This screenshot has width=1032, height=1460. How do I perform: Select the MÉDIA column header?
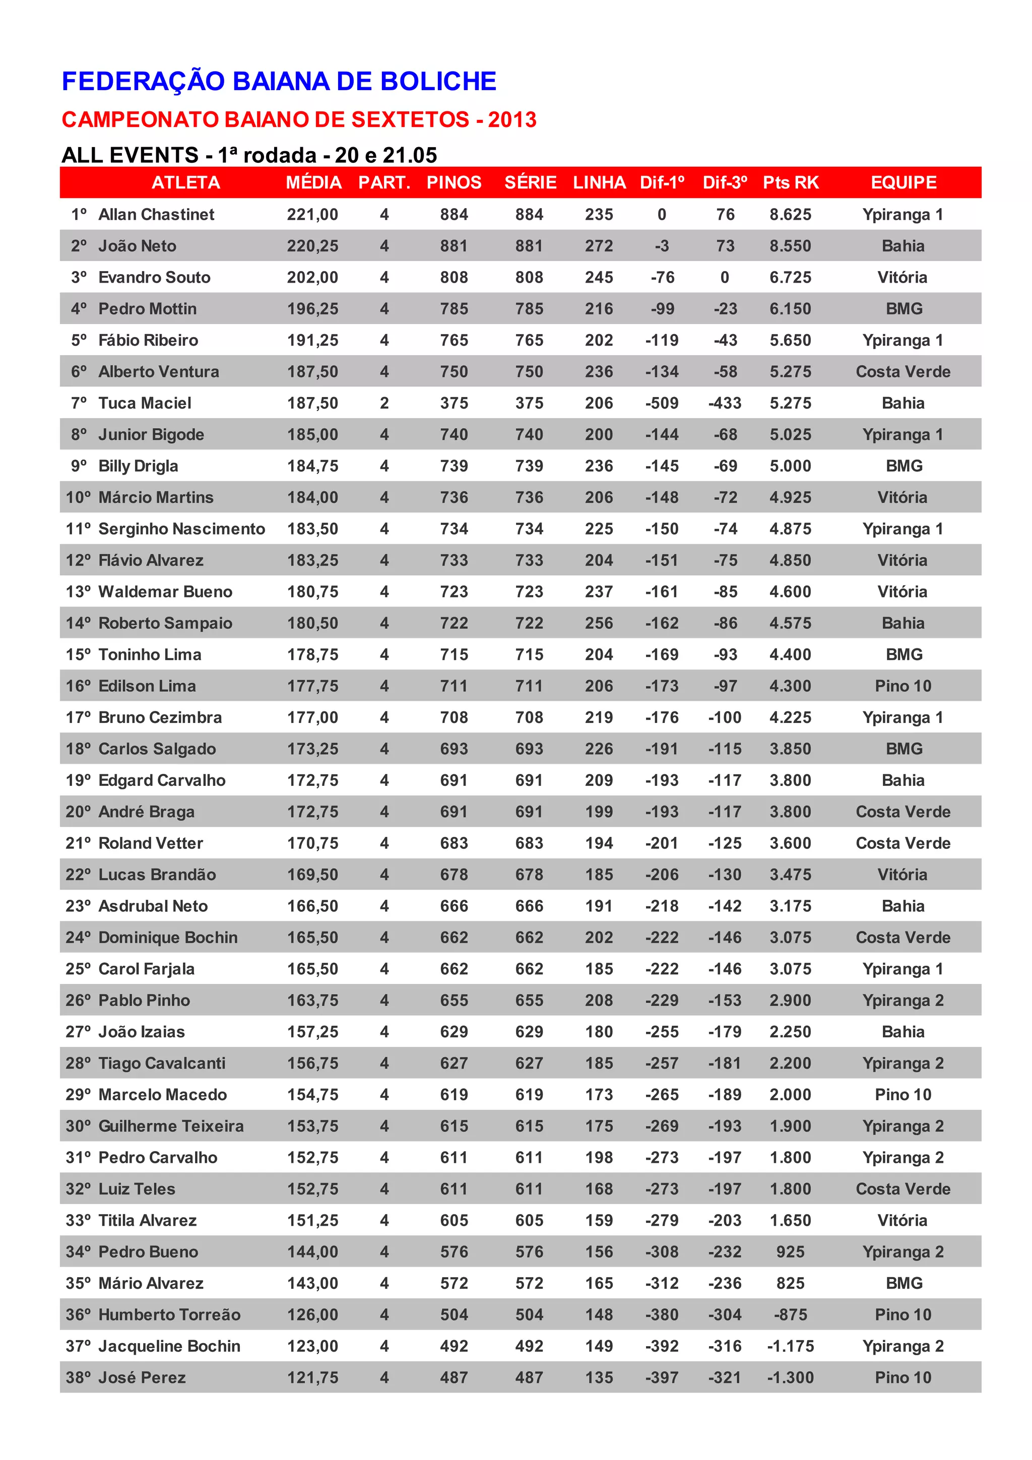(x=313, y=182)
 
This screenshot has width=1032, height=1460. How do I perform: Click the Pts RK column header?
(x=790, y=182)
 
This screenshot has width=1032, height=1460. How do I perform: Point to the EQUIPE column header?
(x=903, y=182)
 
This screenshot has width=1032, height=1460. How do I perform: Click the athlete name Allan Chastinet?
(x=156, y=214)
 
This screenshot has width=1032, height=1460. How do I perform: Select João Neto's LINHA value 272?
(x=599, y=246)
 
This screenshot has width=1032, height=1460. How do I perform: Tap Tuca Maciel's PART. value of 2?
(x=384, y=403)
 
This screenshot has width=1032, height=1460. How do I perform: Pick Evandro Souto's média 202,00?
(x=312, y=277)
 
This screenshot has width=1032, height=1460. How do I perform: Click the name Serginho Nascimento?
(x=182, y=529)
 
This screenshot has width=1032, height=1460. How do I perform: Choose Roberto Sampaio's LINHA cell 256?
(x=599, y=623)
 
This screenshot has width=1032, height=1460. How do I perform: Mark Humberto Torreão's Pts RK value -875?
(x=790, y=1315)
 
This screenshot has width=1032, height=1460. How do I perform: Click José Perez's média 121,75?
(x=312, y=1377)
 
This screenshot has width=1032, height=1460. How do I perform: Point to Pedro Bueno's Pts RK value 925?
(x=790, y=1252)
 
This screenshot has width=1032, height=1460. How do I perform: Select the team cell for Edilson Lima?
(x=903, y=686)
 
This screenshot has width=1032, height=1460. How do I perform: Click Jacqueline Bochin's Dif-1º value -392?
(x=662, y=1346)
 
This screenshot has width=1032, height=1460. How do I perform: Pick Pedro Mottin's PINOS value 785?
(x=454, y=309)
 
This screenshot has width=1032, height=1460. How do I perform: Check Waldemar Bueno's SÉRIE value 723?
(x=529, y=592)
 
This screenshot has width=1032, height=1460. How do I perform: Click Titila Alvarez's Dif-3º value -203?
(x=725, y=1220)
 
